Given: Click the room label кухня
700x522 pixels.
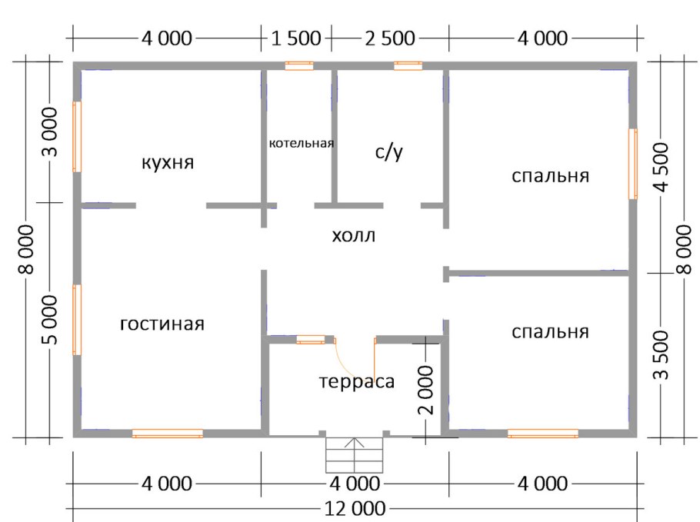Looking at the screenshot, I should (x=167, y=163).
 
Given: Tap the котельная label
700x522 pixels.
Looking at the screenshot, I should (x=301, y=143).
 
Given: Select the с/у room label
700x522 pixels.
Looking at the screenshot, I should (x=389, y=152).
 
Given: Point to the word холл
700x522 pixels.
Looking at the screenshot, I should (x=354, y=235).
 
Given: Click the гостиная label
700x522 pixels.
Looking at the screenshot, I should (x=162, y=324).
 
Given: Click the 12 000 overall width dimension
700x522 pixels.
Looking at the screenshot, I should (x=354, y=509).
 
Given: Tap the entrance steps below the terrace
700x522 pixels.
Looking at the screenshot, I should (x=354, y=455).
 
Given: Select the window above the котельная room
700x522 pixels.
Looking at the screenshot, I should (x=298, y=66).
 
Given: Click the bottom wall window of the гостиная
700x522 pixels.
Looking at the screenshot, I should (x=167, y=434).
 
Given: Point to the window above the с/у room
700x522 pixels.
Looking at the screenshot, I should (x=408, y=66).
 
